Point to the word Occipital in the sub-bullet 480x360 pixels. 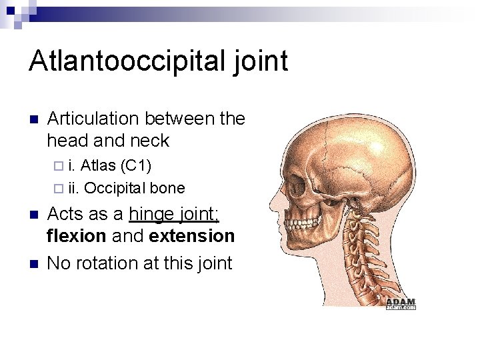115,188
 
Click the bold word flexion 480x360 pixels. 76,236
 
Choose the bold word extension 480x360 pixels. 192,236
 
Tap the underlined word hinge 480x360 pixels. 151,214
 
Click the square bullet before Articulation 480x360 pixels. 33,120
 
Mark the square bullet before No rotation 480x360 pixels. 33,264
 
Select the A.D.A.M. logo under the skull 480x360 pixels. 401,304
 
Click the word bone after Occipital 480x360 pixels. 167,188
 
